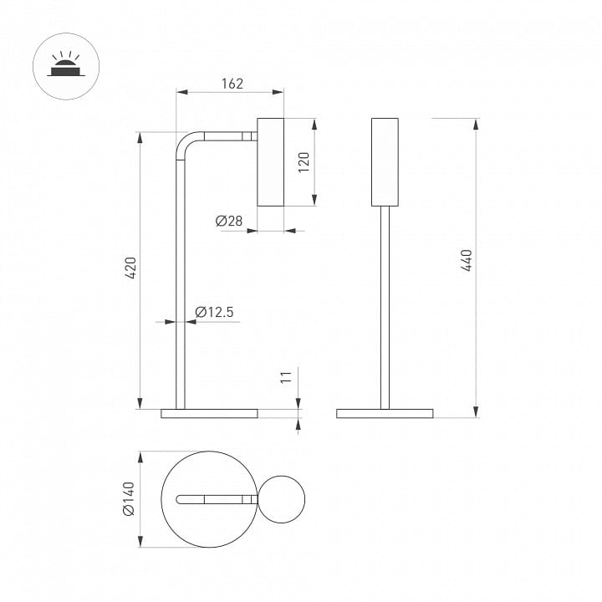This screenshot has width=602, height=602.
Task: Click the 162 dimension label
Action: [232, 84]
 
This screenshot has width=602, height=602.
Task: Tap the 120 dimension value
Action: [304, 162]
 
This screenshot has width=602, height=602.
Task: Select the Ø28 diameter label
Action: [229, 221]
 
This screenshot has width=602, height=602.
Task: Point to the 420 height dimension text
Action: [130, 268]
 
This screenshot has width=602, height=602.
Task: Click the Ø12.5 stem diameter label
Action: [214, 312]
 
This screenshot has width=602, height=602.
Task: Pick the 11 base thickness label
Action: [286, 377]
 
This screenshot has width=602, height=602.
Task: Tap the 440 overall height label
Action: [466, 260]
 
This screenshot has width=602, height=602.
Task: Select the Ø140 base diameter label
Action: [129, 498]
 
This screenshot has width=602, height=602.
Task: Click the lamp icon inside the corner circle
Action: [66, 64]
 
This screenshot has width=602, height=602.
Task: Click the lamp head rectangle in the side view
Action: [270, 162]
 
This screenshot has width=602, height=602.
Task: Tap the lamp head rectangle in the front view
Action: [385, 162]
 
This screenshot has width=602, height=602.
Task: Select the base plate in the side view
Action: [209, 414]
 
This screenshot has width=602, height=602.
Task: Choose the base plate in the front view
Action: [385, 414]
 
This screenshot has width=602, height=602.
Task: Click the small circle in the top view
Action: [282, 499]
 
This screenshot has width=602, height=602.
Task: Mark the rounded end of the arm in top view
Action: [179, 499]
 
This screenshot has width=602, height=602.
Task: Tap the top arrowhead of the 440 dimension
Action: [476, 124]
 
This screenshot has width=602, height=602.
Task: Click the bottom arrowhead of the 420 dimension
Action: [140, 403]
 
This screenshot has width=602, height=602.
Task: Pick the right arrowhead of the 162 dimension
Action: [278, 92]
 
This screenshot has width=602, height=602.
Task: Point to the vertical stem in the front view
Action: [385, 308]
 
